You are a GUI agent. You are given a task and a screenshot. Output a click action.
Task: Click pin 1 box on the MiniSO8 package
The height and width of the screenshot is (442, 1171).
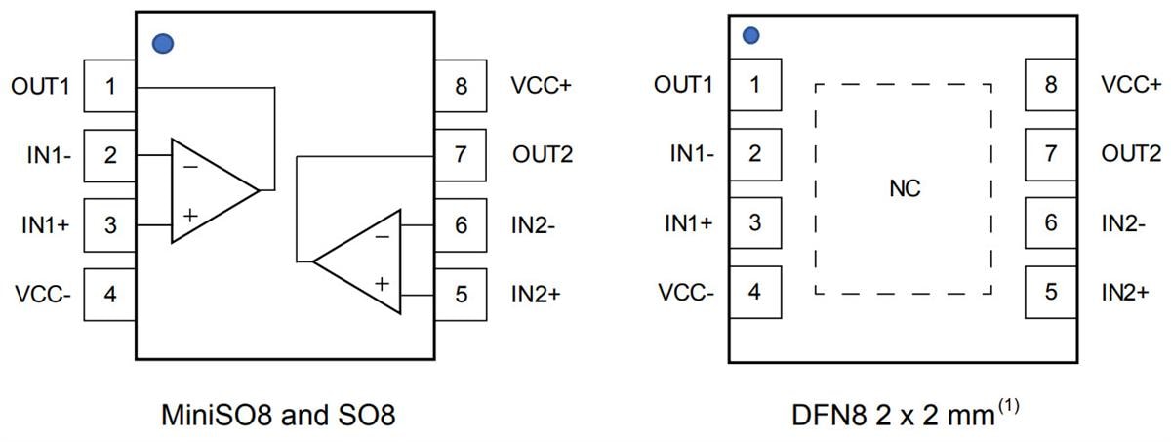point(110,86)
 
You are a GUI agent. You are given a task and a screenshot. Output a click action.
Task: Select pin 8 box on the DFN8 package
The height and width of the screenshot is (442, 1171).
point(1050,84)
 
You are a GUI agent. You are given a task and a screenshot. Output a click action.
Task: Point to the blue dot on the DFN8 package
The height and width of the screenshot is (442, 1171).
point(751,36)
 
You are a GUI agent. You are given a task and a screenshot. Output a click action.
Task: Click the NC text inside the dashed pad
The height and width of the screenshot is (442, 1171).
point(905,188)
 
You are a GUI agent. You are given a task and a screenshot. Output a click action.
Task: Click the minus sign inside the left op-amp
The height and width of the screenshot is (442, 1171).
point(189,167)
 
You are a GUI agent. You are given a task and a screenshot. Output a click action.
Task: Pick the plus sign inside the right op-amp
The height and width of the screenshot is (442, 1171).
point(382,283)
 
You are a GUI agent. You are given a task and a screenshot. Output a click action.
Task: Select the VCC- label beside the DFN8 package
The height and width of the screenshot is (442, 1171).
point(684,292)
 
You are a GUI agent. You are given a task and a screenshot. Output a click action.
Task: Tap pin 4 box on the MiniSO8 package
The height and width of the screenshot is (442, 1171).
point(110,294)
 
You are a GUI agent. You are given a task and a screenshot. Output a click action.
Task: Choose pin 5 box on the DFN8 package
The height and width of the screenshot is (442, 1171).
point(1050,291)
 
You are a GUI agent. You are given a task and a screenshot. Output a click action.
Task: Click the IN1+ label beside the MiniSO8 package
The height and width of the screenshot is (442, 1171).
point(46,224)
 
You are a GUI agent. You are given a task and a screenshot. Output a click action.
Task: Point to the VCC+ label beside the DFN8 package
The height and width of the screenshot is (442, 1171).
point(1131,85)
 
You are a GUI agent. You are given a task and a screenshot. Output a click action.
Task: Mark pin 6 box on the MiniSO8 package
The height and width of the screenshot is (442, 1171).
point(461,224)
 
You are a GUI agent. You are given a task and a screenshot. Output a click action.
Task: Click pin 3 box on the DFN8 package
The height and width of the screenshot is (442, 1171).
point(754,221)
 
